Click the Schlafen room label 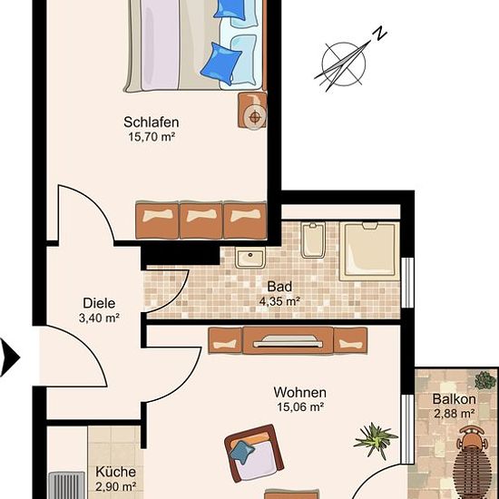click(152, 122)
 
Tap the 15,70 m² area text click(152, 137)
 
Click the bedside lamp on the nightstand click(254, 117)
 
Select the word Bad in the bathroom click(279, 287)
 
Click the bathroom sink click(250, 258)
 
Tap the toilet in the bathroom click(313, 240)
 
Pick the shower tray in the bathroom click(369, 251)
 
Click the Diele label click(99, 303)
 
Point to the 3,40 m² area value click(99, 318)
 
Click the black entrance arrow click(10, 357)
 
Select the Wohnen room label click(299, 392)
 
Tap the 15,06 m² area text click(300, 406)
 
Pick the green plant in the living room click(376, 440)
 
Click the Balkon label click(455, 399)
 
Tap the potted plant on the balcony click(485, 381)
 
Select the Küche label click(116, 472)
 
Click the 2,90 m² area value click(116, 486)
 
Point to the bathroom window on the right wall click(407, 282)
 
